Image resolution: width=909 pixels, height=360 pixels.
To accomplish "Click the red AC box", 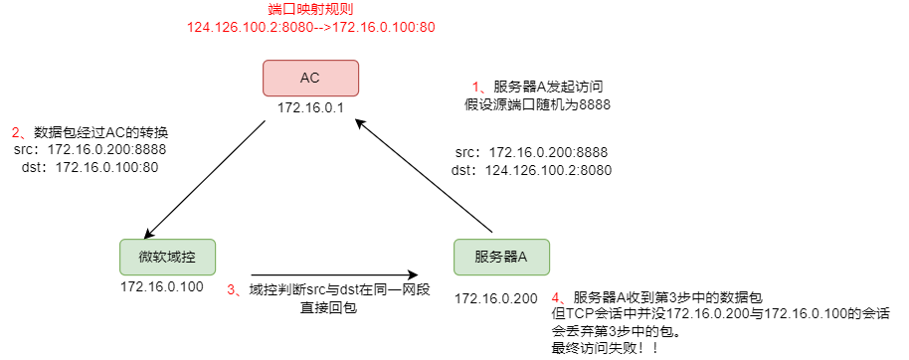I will (310, 79).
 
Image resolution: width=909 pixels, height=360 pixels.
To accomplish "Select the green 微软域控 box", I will (167, 258).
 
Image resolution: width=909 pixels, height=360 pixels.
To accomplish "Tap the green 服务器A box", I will (501, 258).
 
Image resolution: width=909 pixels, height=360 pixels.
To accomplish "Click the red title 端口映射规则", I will (310, 9).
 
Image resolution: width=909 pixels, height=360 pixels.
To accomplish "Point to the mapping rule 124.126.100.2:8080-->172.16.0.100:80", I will (310, 27).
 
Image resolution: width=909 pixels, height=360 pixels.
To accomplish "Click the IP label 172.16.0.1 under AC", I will (310, 107).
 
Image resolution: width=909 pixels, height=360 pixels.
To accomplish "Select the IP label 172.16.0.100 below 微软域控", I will (162, 287).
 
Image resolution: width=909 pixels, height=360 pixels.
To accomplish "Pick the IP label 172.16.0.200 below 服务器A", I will (496, 297).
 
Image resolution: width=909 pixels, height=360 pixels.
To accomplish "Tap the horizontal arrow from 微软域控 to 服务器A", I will (333, 273).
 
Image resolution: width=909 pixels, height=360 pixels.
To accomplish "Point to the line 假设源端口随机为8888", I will (537, 103).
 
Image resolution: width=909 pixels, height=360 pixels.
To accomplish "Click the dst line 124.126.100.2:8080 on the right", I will (532, 170).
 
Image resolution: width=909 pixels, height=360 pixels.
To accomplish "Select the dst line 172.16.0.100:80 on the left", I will (90, 167).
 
